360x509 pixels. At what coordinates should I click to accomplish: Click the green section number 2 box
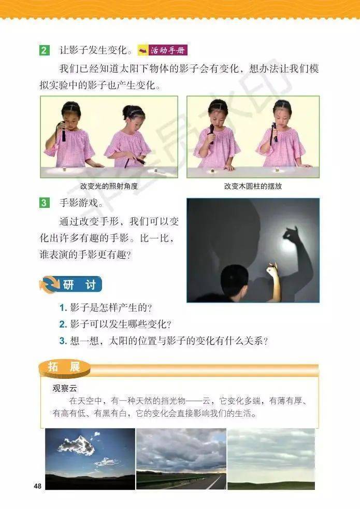(x=44, y=50)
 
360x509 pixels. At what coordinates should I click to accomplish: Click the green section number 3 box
(x=44, y=203)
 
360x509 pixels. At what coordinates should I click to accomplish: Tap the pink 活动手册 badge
(x=162, y=50)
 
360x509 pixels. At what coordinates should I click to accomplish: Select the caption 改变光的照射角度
(x=109, y=186)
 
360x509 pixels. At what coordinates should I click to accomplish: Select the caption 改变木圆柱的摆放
(x=253, y=186)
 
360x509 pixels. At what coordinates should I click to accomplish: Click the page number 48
(x=38, y=486)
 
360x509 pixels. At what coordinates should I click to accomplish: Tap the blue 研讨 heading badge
(x=71, y=285)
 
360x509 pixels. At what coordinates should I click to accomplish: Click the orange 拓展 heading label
(x=64, y=368)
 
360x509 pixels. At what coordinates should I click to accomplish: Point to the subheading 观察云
(x=65, y=388)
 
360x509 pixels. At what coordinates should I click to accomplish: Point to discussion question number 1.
(x=105, y=308)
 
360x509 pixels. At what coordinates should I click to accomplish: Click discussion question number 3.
(x=164, y=341)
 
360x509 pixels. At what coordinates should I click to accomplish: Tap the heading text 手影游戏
(x=79, y=203)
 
